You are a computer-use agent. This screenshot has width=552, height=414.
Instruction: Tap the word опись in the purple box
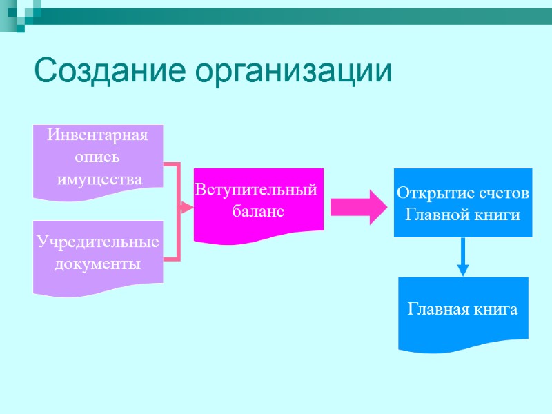pyautogui.click(x=98, y=157)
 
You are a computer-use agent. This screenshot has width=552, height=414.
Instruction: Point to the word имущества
pyautogui.click(x=99, y=179)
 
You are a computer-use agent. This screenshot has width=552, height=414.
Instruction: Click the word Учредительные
pyautogui.click(x=98, y=242)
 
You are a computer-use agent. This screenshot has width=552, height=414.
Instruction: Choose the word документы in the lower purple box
pyautogui.click(x=98, y=264)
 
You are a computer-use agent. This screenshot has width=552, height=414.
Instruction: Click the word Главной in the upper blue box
pyautogui.click(x=435, y=215)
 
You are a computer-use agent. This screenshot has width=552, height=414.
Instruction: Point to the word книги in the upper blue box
pyautogui.click(x=498, y=215)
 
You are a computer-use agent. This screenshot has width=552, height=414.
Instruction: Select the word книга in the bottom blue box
pyautogui.click(x=495, y=310)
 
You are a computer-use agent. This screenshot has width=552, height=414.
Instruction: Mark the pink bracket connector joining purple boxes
pyautogui.click(x=177, y=210)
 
